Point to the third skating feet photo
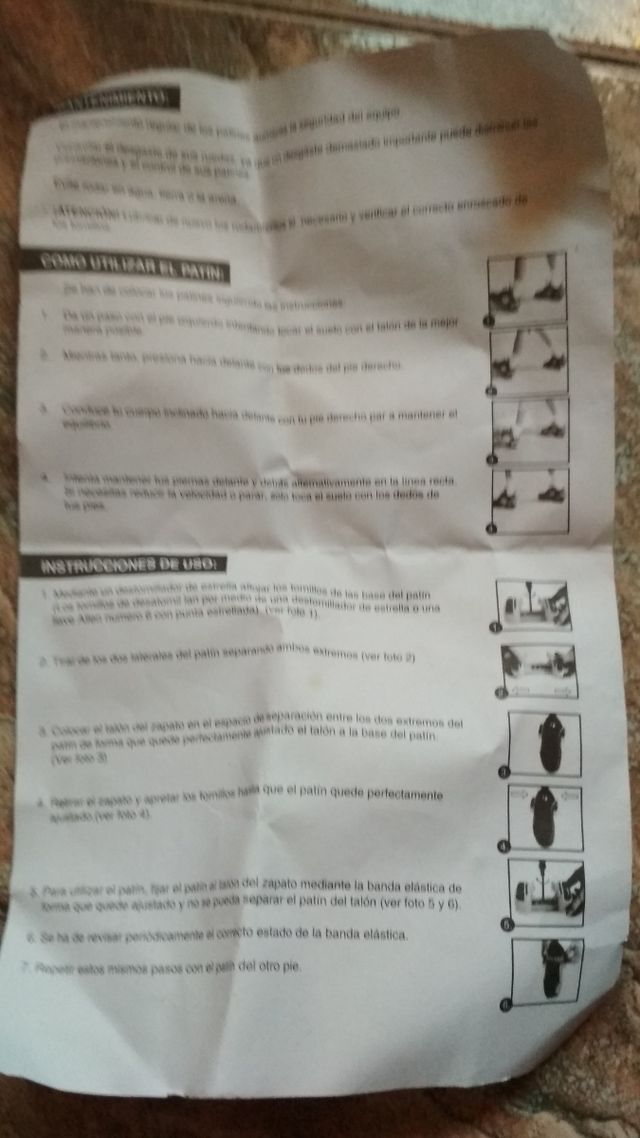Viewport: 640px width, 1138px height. click(x=529, y=427)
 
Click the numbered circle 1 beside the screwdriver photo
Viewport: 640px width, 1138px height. click(x=494, y=627)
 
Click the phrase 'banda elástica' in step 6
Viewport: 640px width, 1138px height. click(x=359, y=934)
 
